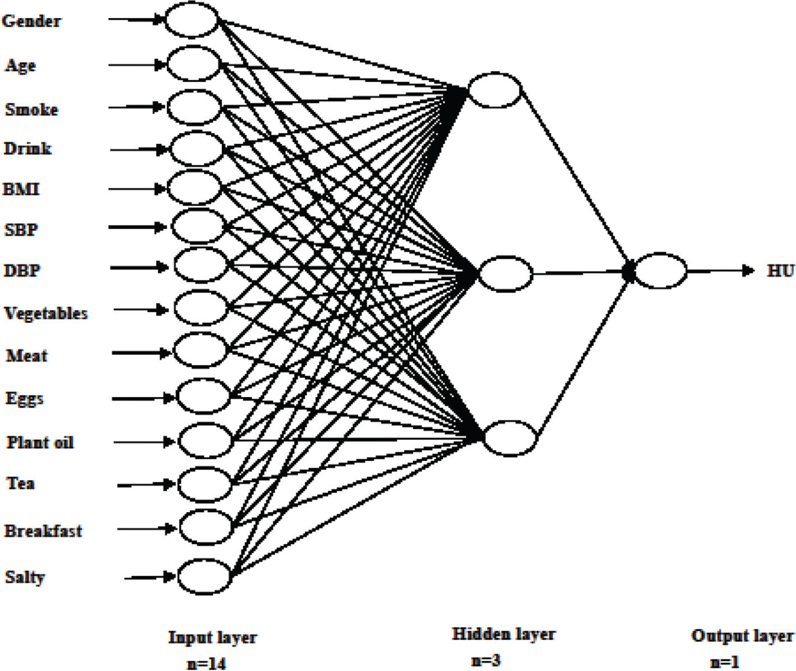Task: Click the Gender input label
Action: coord(31,21)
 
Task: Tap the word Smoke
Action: coord(31,109)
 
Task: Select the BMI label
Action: coord(21,189)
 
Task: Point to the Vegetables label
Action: coord(46,313)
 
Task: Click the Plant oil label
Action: coord(40,442)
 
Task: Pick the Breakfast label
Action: coord(43,531)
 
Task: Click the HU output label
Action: coord(780,271)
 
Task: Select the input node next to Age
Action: coord(193,64)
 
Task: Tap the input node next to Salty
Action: coord(205,576)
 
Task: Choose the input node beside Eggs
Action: coord(203,396)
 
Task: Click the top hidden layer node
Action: coord(495,90)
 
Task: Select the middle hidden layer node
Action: coord(506,274)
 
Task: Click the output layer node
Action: coord(661,271)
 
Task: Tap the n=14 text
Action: coord(206,664)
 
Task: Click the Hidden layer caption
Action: coord(504,635)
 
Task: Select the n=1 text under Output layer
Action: coord(724,662)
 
